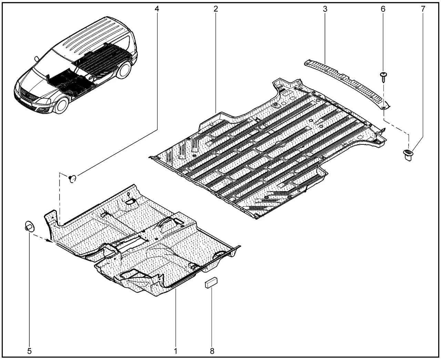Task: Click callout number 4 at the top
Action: tap(157, 9)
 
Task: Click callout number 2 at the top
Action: tap(216, 9)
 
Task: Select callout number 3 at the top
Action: tap(325, 9)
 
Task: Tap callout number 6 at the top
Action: tap(383, 9)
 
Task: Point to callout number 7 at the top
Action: tap(423, 9)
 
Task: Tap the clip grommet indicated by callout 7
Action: tap(408, 155)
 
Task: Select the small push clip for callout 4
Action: tap(72, 179)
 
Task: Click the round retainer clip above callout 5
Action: tap(29, 226)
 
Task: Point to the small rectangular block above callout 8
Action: tap(211, 282)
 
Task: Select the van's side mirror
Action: tap(37, 59)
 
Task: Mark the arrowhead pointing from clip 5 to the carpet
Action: tap(50, 241)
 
